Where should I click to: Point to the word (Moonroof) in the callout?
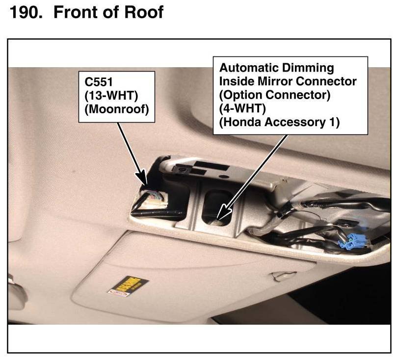click(116, 110)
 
